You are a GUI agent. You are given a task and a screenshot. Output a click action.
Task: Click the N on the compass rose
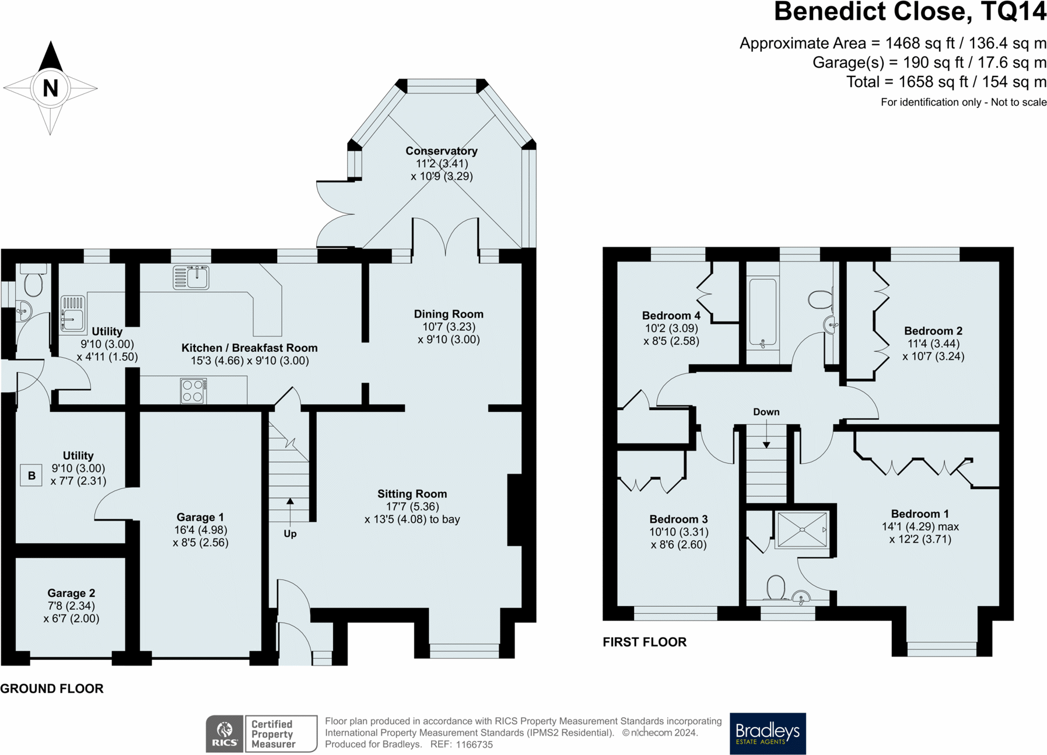[51, 88]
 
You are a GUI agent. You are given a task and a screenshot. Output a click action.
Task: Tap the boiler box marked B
[31, 476]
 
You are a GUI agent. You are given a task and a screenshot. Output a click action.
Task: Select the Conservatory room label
[442, 151]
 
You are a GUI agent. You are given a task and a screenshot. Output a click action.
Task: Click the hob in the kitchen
[193, 390]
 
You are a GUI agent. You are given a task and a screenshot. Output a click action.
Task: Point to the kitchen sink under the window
[191, 277]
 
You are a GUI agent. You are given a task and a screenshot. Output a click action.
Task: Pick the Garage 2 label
[71, 593]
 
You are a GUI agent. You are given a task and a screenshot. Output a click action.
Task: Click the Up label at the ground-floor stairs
[290, 533]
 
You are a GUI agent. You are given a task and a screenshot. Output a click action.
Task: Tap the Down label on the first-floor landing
[766, 412]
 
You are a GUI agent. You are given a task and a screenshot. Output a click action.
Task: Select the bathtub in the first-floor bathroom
[763, 314]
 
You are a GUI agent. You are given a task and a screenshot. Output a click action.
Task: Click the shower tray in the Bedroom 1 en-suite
[802, 530]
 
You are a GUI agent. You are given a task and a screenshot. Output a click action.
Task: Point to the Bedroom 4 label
[671, 316]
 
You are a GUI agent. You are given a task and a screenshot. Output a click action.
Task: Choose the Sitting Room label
[412, 494]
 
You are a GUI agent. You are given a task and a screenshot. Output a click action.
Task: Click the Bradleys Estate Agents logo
[768, 733]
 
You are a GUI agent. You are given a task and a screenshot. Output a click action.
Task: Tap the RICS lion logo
[225, 733]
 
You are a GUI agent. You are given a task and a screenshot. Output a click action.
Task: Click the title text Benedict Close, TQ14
[910, 12]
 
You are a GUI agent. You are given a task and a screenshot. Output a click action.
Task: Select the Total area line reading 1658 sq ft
[947, 82]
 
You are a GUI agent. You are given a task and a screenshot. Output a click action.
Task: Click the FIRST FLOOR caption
[645, 642]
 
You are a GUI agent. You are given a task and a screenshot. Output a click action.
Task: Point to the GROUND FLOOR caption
[52, 688]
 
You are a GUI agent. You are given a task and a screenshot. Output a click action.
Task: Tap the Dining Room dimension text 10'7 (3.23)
[449, 327]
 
